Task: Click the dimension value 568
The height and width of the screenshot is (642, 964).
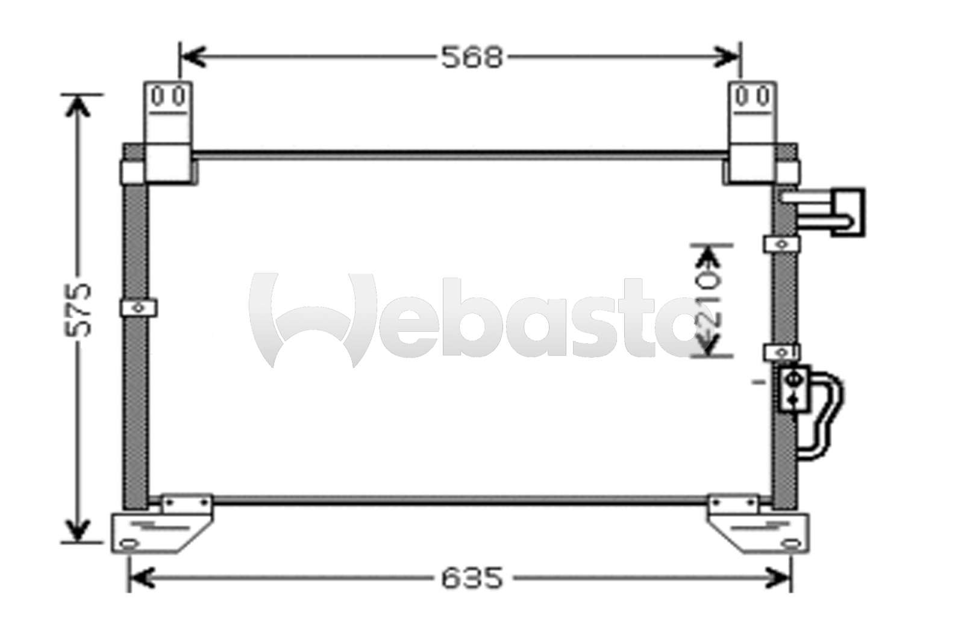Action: pyautogui.click(x=472, y=58)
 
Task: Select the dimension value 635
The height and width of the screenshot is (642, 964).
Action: pyautogui.click(x=472, y=578)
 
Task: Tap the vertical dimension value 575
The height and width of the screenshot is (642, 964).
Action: pyautogui.click(x=78, y=310)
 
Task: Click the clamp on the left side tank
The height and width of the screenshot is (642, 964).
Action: pyautogui.click(x=139, y=308)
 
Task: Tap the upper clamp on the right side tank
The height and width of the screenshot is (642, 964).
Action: pyautogui.click(x=782, y=245)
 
